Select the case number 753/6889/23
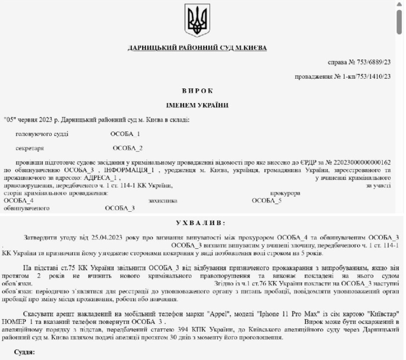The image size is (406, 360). [x=373, y=62]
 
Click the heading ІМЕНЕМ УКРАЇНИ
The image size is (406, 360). [x=197, y=105]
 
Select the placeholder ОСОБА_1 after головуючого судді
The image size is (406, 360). [x=125, y=134]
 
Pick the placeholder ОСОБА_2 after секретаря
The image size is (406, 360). [x=127, y=148]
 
